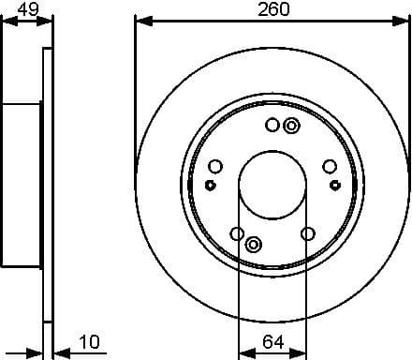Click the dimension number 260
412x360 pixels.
272,8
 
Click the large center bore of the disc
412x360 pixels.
272,184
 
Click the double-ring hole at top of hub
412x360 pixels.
291,126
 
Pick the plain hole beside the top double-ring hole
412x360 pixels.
272,125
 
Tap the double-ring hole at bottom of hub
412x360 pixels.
253,245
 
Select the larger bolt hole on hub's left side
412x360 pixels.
214,167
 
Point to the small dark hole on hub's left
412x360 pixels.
210,185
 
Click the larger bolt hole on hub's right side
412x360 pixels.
330,167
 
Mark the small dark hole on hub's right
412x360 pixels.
334,185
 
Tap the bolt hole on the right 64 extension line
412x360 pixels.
306,233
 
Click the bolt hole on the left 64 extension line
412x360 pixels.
238,233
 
